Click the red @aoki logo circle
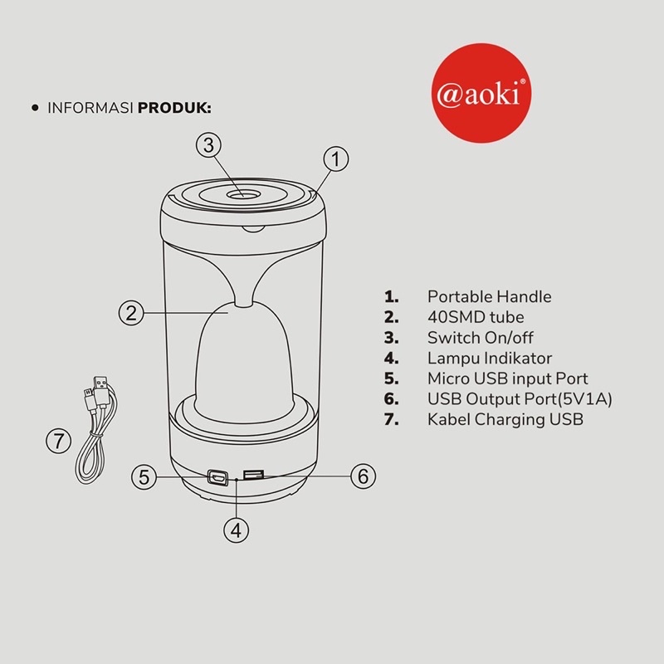[481, 93]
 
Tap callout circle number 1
[336, 159]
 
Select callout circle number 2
[131, 313]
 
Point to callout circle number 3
[208, 145]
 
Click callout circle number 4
[237, 530]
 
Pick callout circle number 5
[144, 476]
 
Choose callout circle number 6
[364, 476]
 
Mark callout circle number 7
[58, 441]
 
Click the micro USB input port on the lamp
[217, 478]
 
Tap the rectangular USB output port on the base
[254, 475]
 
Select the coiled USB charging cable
[95, 430]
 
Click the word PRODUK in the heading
[174, 108]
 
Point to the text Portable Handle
[489, 297]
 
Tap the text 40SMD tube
[476, 317]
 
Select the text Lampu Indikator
[490, 359]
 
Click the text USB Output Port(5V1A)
[520, 399]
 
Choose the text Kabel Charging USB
[505, 420]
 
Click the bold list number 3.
[391, 338]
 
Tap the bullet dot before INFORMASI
[35, 108]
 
